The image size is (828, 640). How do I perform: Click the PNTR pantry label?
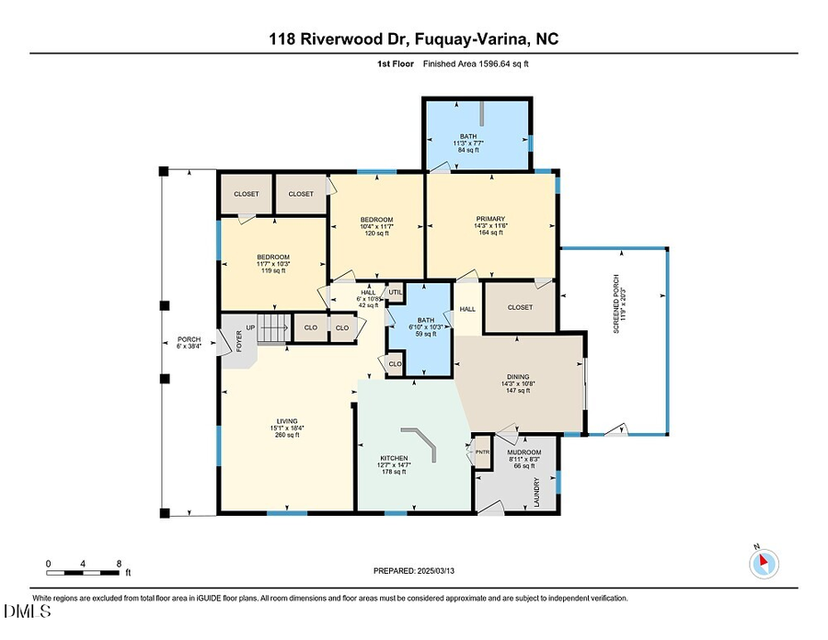(x=482, y=451)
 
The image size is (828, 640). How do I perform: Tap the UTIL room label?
(x=396, y=291)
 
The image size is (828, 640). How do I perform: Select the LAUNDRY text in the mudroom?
(x=537, y=492)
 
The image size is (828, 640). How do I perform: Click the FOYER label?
(x=239, y=341)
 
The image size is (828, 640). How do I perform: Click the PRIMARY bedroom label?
(x=491, y=219)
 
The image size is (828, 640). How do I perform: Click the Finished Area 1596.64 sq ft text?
(x=476, y=64)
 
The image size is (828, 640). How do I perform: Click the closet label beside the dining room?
(x=519, y=307)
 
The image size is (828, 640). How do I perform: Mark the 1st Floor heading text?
(x=393, y=64)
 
